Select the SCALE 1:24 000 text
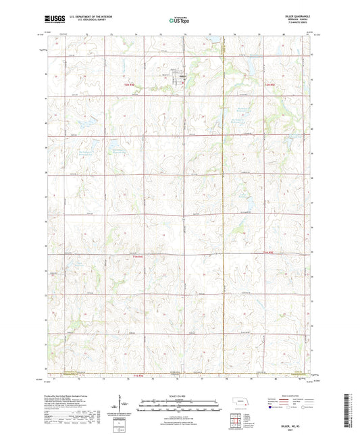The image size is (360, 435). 179,396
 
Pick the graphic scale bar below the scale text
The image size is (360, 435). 179,405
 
